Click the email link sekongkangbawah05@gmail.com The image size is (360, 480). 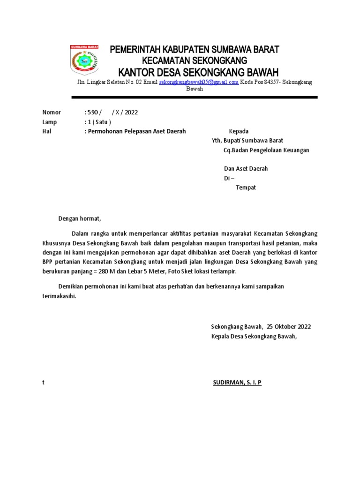click(x=199, y=82)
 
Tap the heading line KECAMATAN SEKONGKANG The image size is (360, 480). click(x=195, y=61)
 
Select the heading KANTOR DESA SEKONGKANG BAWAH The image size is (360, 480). click(x=198, y=73)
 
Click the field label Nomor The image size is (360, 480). click(x=52, y=112)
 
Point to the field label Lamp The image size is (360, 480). click(x=49, y=122)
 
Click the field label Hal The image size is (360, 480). click(x=46, y=131)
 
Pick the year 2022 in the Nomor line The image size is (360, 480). click(x=131, y=112)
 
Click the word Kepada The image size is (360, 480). click(x=238, y=131)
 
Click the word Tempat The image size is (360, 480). click(x=246, y=187)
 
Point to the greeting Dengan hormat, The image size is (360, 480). click(x=79, y=218)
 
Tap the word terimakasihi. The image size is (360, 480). click(x=59, y=296)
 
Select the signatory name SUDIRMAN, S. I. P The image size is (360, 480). click(x=237, y=382)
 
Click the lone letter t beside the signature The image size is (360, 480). click(x=43, y=382)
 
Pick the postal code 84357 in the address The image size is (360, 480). click(x=272, y=82)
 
